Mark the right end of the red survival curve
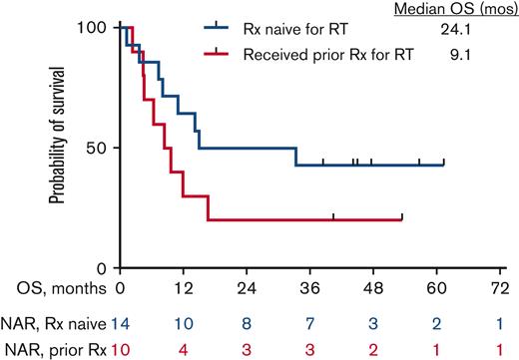click(402, 219)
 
